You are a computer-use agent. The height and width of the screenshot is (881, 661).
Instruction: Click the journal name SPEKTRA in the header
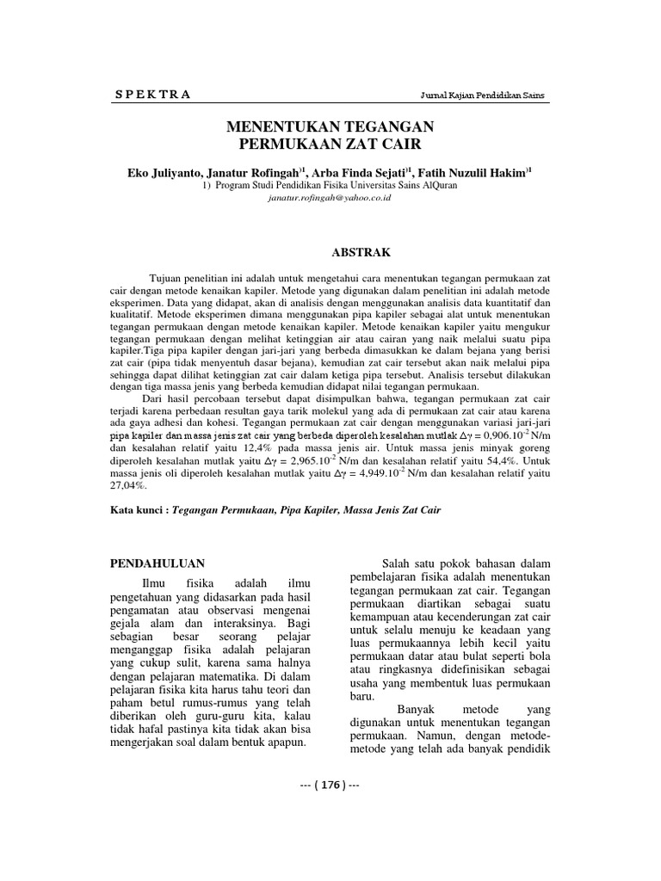coord(152,95)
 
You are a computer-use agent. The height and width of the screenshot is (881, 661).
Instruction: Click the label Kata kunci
coord(139,510)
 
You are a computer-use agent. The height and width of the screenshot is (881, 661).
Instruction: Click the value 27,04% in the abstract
coord(129,485)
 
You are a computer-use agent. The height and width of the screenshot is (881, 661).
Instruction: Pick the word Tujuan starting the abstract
coord(167,280)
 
